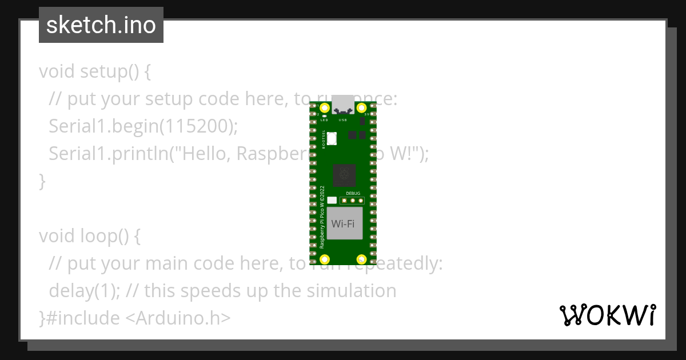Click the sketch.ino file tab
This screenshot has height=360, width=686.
(101, 25)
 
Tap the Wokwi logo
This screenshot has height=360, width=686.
(607, 315)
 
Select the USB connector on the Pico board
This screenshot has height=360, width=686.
(343, 105)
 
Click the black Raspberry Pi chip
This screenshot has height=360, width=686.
(344, 174)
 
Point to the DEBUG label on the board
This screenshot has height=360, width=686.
(353, 194)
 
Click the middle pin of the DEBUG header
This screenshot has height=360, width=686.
(353, 201)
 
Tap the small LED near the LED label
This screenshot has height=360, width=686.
(324, 116)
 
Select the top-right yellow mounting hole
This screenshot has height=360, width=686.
(361, 108)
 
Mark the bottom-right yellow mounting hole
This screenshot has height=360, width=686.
(361, 259)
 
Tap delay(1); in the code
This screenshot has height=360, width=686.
(85, 291)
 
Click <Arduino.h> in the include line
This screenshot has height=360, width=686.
(178, 318)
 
